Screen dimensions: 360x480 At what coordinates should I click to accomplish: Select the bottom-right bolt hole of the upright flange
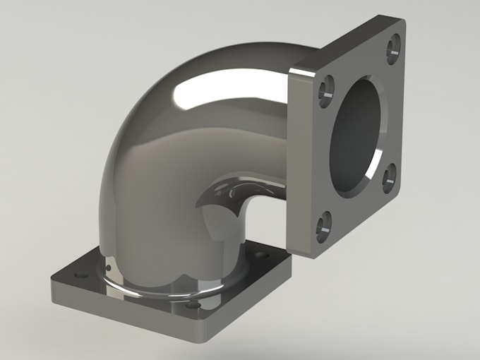389,178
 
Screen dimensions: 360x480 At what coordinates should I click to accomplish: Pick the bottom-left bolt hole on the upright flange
323,226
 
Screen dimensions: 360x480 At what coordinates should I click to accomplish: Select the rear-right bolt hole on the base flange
262,254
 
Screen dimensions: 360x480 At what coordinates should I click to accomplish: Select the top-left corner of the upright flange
291,70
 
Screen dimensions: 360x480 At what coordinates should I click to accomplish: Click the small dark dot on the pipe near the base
109,269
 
